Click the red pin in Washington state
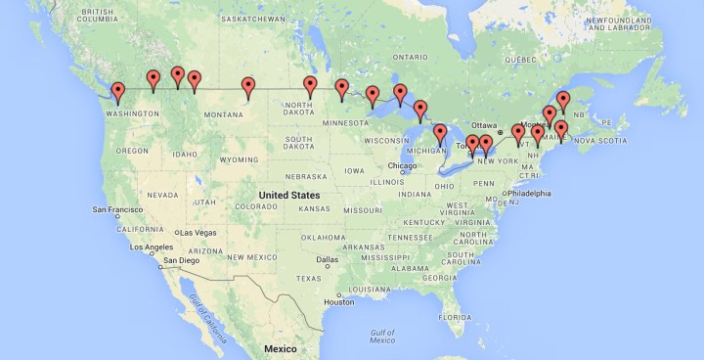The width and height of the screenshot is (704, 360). coord(118,92)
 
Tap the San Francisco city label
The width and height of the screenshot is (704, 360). coord(119,209)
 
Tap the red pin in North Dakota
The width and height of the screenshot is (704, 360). coord(310,86)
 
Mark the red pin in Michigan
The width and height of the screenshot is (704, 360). coord(440,134)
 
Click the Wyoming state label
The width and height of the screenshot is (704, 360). coord(238,158)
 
